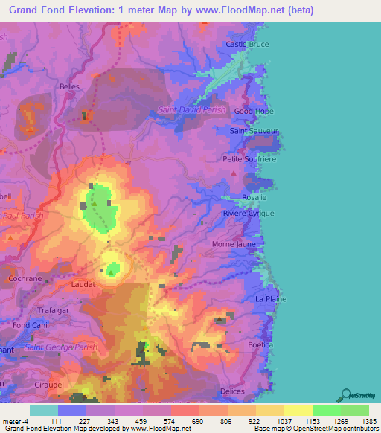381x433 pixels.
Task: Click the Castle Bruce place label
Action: [x=247, y=45]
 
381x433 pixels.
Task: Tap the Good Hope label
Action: [x=254, y=111]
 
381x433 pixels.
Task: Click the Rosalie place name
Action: [x=254, y=197]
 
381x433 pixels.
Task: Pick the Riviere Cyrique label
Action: [x=249, y=214]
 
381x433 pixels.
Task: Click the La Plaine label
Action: [x=270, y=299]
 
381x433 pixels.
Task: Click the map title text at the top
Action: [x=157, y=10]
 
